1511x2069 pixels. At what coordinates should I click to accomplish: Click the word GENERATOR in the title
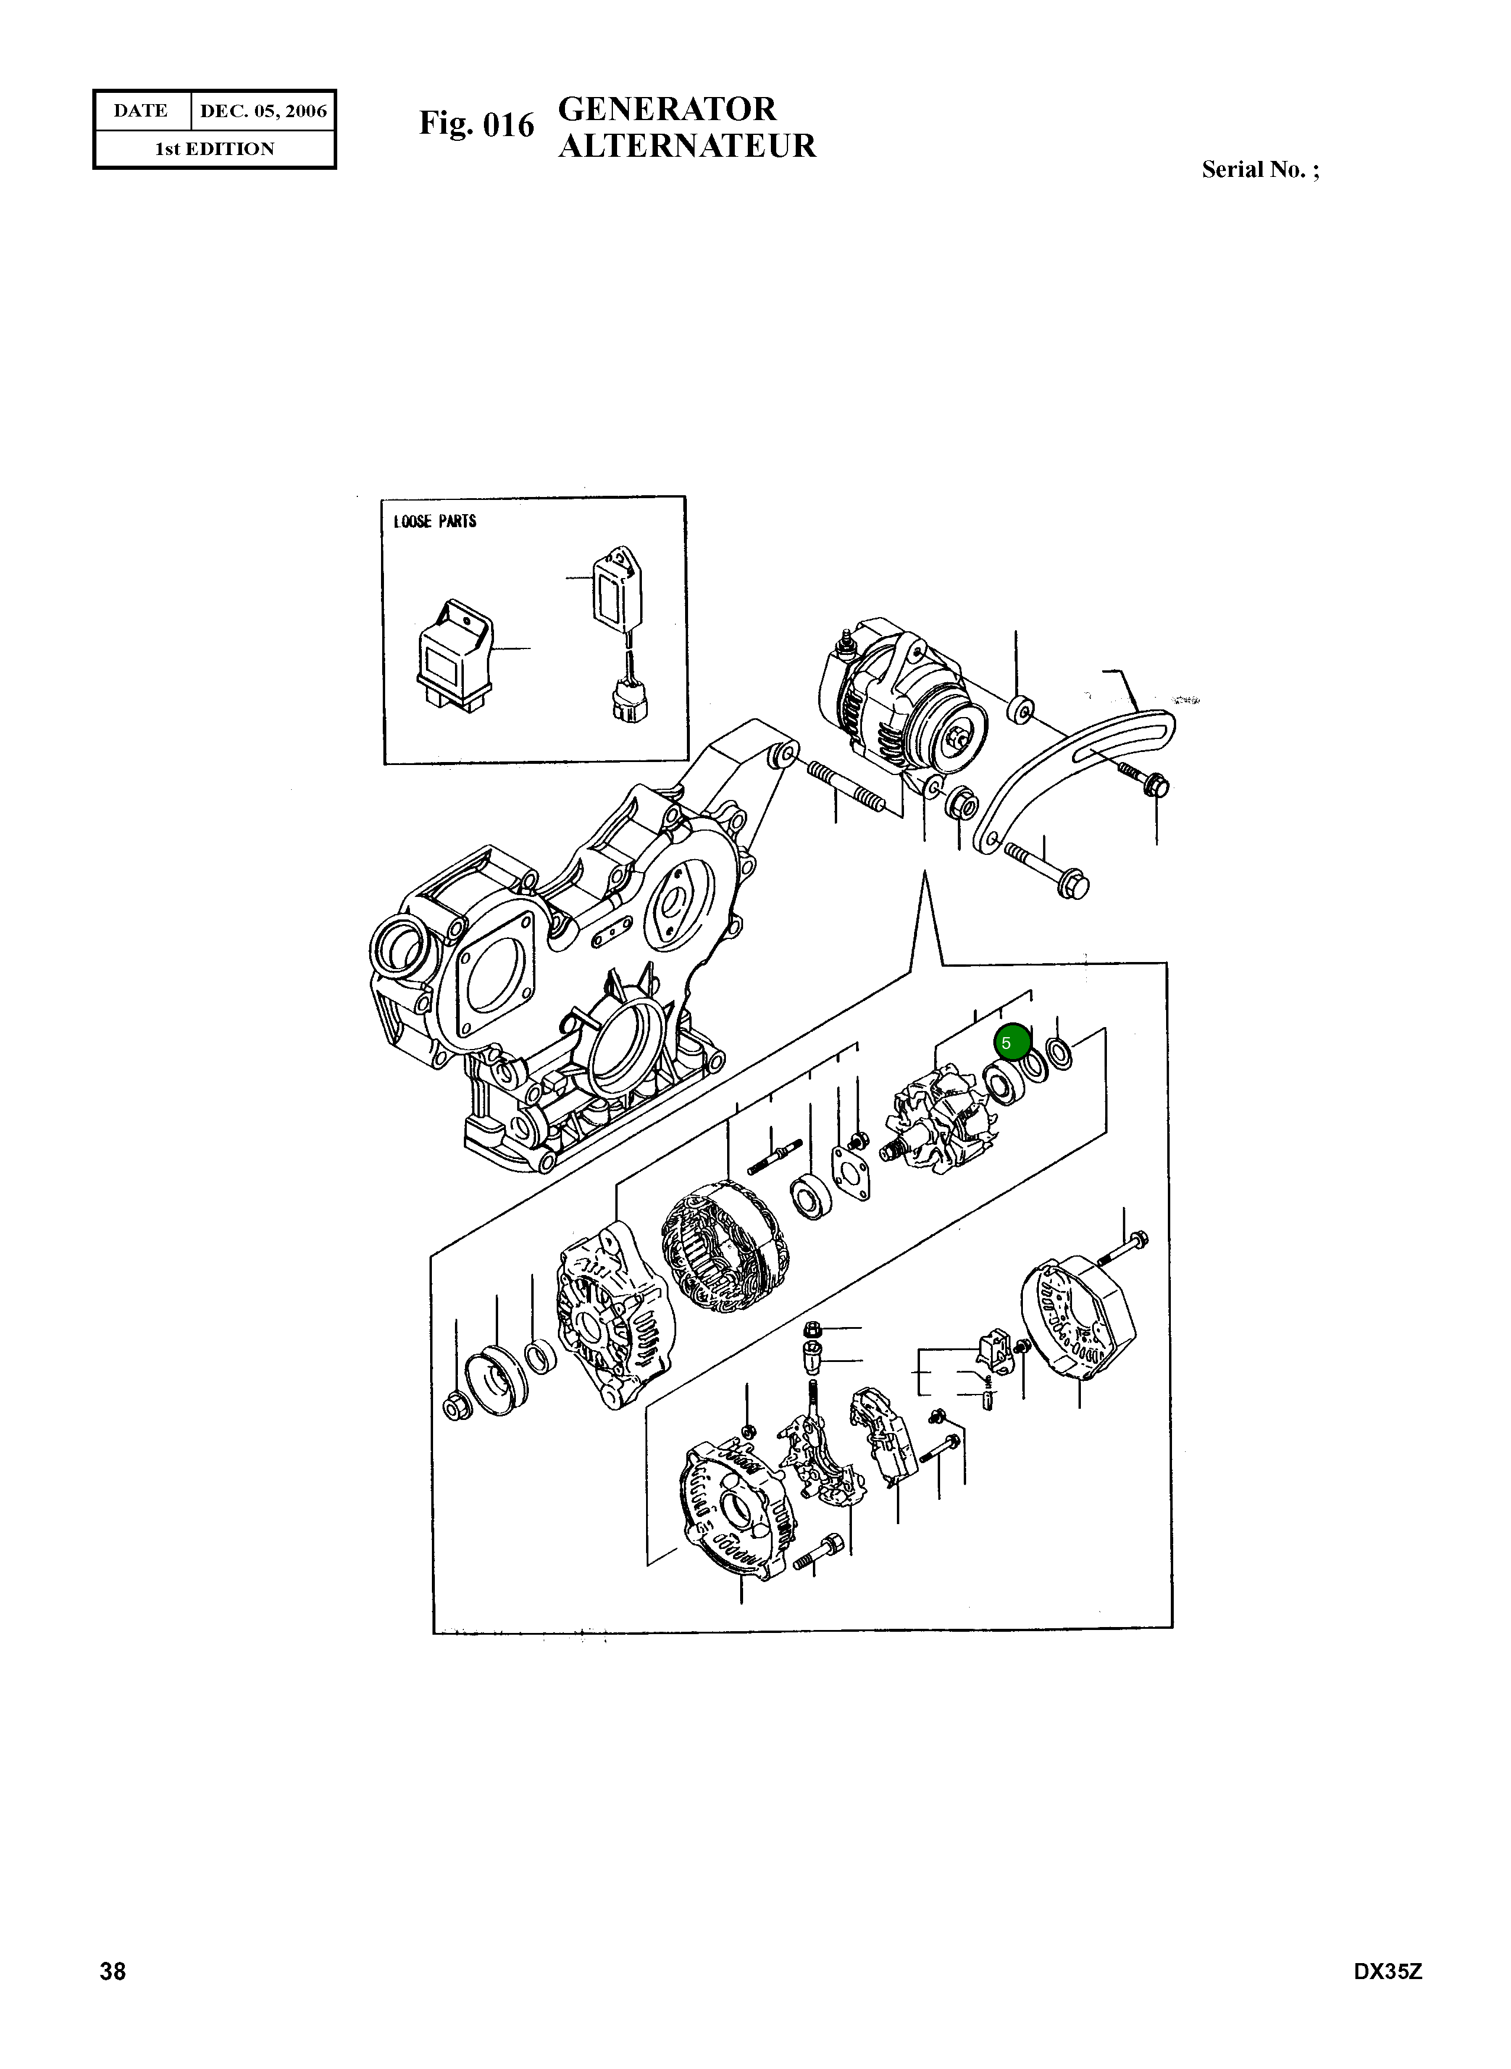667,110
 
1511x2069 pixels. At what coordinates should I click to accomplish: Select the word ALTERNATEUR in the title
686,146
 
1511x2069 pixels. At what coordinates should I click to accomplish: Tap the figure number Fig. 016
476,124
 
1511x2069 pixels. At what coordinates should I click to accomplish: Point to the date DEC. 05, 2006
263,111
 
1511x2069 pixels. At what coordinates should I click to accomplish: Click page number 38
112,1997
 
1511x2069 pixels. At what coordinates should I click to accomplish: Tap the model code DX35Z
1387,1997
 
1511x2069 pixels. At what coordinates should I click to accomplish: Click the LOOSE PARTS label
434,521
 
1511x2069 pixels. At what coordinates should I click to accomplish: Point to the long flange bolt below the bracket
1047,869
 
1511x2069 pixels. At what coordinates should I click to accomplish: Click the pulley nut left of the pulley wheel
454,1406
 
